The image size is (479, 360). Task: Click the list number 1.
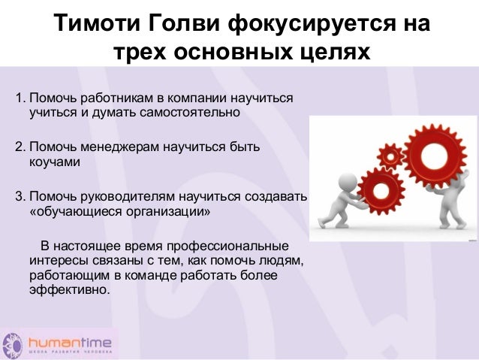[20, 99]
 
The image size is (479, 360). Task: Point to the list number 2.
[20, 147]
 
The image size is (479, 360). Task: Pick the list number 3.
[20, 196]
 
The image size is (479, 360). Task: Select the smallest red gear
[390, 156]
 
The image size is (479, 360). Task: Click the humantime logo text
[71, 338]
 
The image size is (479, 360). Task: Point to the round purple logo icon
[13, 343]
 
